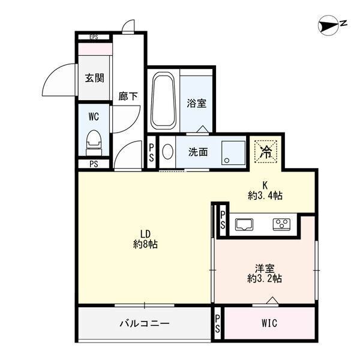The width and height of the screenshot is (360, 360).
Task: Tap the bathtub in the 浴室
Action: point(163,100)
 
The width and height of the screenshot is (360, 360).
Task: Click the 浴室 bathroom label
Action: point(196,103)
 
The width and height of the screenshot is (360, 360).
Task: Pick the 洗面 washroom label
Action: point(198,152)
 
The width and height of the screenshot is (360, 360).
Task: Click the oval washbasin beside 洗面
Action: point(167,152)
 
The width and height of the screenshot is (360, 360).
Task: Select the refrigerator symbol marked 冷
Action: point(265,151)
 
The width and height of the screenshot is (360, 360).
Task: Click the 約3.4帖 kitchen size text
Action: point(265,195)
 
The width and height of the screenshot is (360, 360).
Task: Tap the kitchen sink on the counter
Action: point(244,225)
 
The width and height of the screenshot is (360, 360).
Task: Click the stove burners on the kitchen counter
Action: point(281,225)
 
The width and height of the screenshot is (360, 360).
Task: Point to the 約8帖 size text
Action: point(145,244)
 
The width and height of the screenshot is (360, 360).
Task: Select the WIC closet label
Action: point(269,323)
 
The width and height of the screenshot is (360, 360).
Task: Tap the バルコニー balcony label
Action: point(144,323)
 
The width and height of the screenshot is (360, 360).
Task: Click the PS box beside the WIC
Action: point(217,324)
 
